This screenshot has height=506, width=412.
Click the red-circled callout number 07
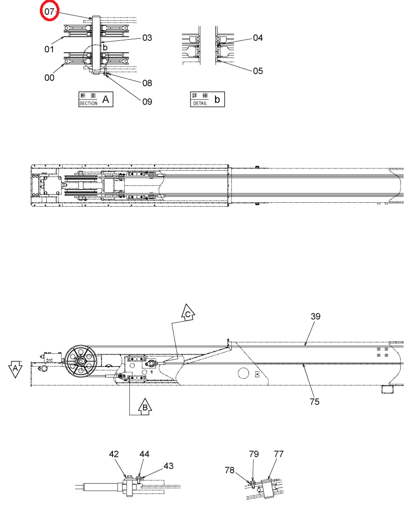tap(49, 11)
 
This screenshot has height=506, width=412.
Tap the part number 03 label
tap(147, 38)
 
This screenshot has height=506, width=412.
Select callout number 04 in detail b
tap(258, 38)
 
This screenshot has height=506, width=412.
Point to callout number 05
tap(258, 71)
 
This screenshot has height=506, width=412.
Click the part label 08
tap(147, 83)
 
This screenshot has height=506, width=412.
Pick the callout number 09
tap(147, 101)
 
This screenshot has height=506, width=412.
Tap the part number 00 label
tap(50, 78)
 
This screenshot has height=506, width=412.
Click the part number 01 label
tap(49, 50)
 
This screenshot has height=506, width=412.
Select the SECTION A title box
tap(96, 99)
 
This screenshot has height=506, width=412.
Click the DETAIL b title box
tap(207, 99)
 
